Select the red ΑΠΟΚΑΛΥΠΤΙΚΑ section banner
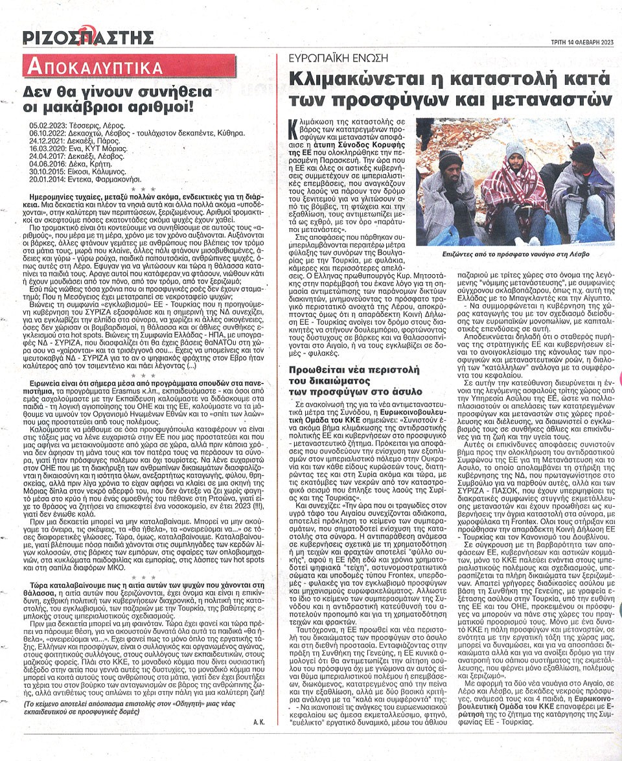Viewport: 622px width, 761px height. (x=92, y=67)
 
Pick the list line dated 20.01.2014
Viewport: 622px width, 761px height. (x=84, y=179)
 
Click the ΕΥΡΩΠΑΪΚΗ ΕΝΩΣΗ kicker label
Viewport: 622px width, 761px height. (x=330, y=58)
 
